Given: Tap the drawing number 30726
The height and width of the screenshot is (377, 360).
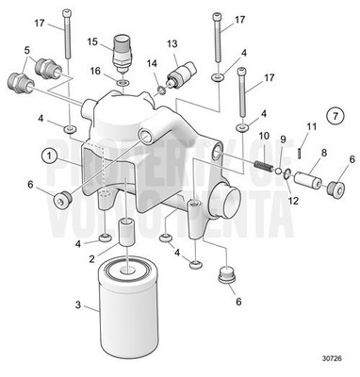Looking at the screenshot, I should tap(332, 357).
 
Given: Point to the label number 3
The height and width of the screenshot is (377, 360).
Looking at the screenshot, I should tap(78, 305).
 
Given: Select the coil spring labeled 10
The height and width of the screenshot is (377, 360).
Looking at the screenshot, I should tap(268, 166).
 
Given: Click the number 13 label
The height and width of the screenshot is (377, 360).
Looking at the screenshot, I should tap(172, 44).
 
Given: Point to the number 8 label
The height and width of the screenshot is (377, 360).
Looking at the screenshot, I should tap(323, 151).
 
